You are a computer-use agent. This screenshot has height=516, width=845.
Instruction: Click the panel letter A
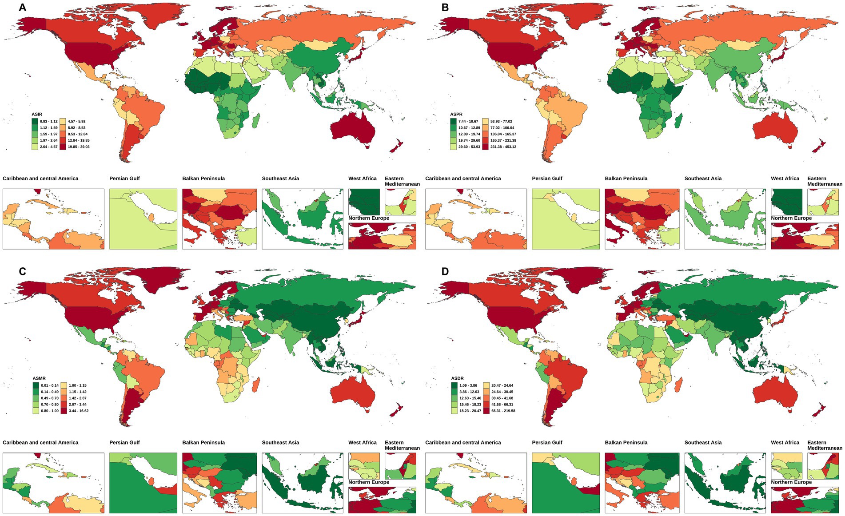coord(22,7)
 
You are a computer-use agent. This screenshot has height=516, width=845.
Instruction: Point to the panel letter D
coord(445,271)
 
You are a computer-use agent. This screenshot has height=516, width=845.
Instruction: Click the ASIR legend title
coord(37,115)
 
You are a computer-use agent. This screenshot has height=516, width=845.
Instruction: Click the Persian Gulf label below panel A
coord(124,179)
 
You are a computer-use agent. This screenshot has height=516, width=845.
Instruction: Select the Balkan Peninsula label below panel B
coord(626,179)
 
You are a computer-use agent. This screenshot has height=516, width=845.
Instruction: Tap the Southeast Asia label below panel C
coord(280,443)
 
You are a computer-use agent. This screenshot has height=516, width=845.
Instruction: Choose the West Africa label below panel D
coord(785,443)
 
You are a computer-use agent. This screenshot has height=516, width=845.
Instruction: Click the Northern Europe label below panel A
coord(369,218)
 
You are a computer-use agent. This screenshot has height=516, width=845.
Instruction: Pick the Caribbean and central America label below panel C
coord(40,443)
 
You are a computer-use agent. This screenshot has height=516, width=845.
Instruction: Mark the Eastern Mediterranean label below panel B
coord(824,181)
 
